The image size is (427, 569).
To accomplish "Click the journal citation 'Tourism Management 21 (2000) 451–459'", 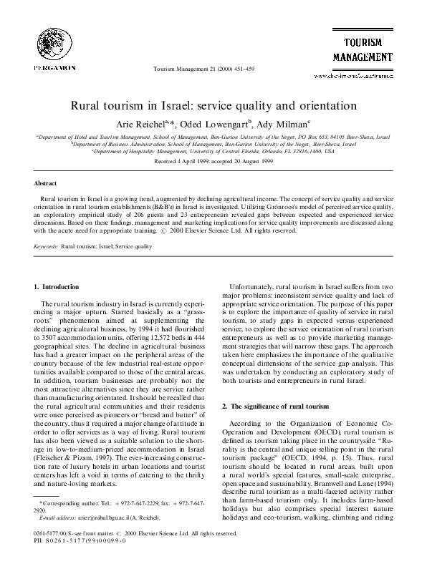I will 203,68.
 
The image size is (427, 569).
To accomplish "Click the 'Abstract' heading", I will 45,183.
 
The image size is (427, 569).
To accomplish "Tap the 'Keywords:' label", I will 47,246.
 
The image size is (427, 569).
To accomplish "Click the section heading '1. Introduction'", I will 57,287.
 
